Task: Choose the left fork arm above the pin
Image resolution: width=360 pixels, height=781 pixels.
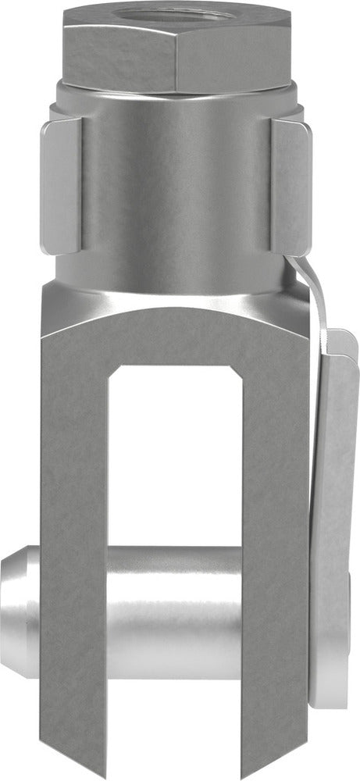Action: [x=74, y=437]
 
